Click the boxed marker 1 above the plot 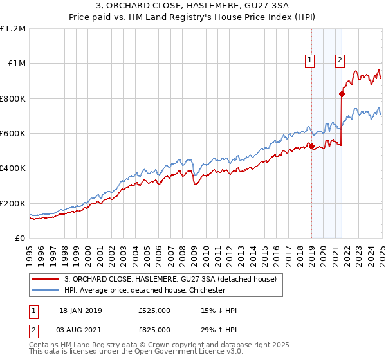(x=310, y=61)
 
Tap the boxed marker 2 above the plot (x=340, y=61)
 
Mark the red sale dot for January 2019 (x=311, y=147)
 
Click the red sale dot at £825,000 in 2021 (x=342, y=94)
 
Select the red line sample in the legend (x=45, y=280)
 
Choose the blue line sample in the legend (x=45, y=291)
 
